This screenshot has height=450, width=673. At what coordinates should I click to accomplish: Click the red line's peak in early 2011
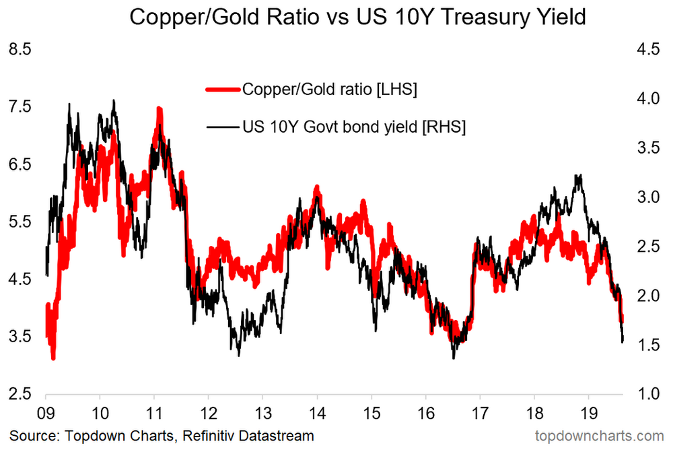[x=159, y=110]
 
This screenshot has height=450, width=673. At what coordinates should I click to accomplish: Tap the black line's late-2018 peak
[x=578, y=176]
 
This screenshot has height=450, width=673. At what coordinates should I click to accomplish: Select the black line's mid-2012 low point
[x=239, y=354]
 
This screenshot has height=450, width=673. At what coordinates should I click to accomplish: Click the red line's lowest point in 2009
[x=53, y=358]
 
